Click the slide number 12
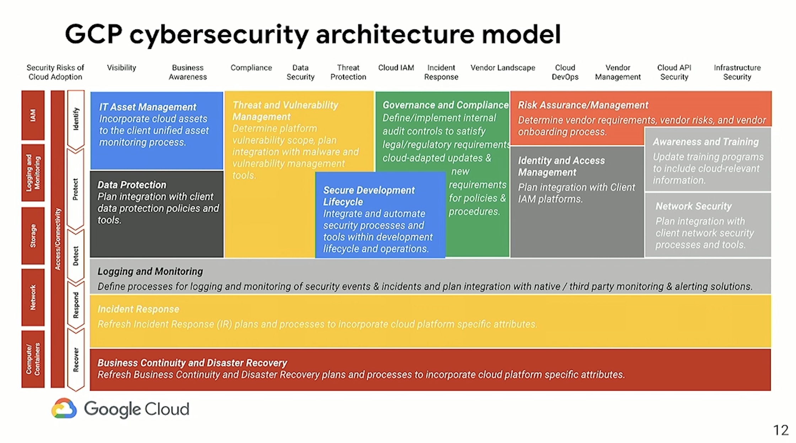coord(781,431)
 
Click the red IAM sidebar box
coord(33,115)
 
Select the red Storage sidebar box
coord(33,235)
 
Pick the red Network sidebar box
coord(33,297)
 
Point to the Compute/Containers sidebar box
coord(33,359)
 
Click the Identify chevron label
coord(76,119)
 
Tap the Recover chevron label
coord(76,359)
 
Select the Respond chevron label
coord(76,305)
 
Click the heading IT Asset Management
coord(147,107)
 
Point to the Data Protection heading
coord(132,185)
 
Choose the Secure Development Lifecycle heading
coord(369,196)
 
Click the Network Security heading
coord(693,206)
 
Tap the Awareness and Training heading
coord(705,142)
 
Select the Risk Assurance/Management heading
coord(583,105)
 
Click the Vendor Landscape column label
coord(502,68)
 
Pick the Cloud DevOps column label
coord(565,72)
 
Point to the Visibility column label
coord(122,68)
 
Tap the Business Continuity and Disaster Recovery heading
coord(192,363)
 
